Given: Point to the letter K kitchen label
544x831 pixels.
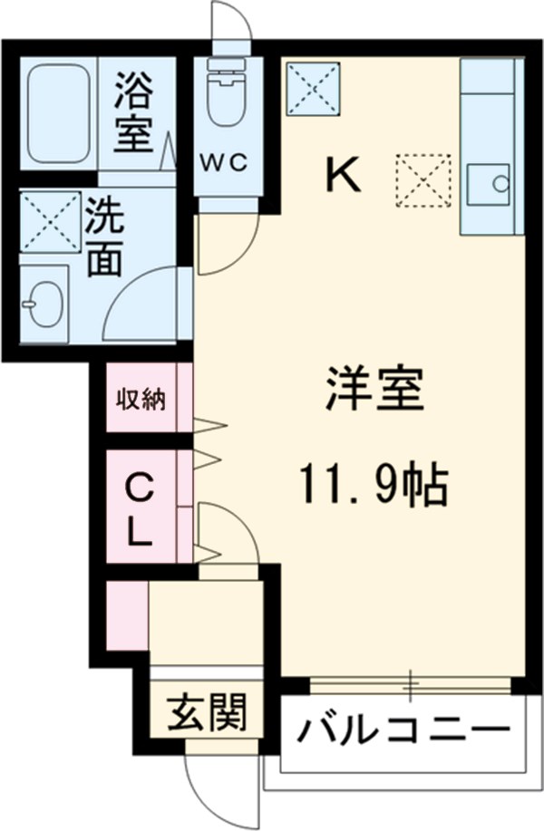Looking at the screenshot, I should point(344,175).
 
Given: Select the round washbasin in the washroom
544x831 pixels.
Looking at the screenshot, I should point(42,302).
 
